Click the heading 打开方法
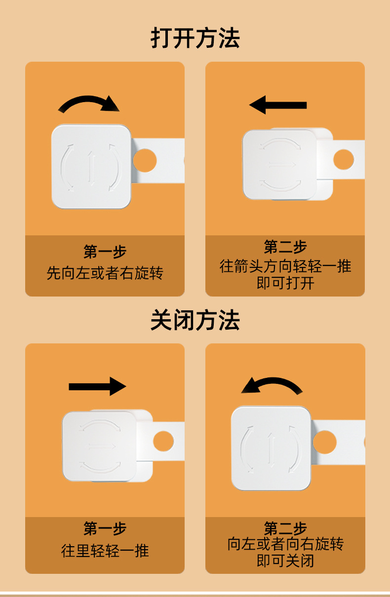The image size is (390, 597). tap(195, 38)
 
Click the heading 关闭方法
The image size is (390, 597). tap(195, 321)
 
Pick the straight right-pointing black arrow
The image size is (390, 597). tap(97, 386)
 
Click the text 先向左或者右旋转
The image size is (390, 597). tap(105, 273)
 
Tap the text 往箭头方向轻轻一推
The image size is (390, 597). tap(285, 266)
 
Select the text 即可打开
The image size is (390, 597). tap(285, 283)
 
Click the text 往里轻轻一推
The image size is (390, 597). tap(105, 551)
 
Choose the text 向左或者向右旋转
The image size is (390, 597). tap(285, 544)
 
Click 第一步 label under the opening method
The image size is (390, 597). tap(105, 252)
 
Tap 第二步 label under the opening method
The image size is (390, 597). tap(285, 247)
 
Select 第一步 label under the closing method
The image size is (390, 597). tap(105, 529)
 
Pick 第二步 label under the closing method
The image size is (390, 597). tap(285, 528)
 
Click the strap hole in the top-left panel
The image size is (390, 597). tap(145, 161)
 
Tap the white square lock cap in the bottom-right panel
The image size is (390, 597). tap(271, 448)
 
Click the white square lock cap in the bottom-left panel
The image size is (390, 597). tap(99, 446)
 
